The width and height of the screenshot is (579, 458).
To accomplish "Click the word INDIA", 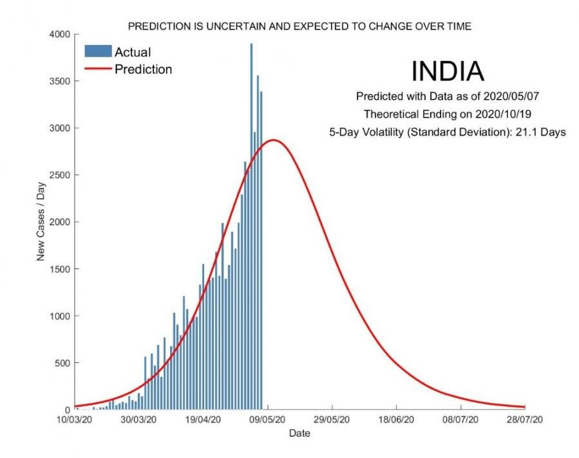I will [447, 71].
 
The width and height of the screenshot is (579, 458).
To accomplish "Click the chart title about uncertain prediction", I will [299, 26].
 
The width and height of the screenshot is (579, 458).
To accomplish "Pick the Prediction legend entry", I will [143, 69].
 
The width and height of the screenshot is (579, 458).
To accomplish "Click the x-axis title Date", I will [299, 434].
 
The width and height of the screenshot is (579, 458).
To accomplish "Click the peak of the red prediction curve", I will [274, 140].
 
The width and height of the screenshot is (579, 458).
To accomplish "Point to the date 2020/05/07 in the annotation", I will [513, 96].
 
